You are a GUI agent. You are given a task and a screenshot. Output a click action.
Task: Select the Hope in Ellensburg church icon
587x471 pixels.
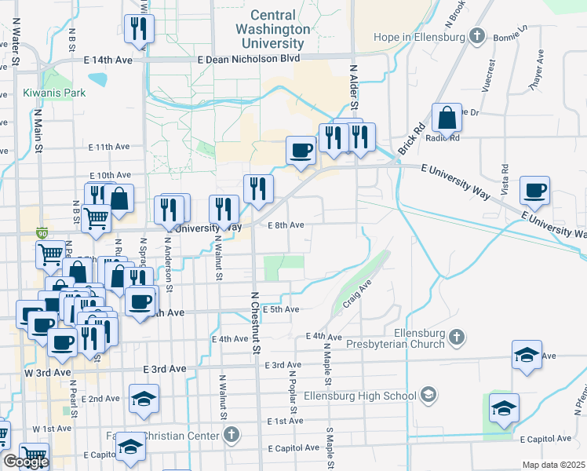[476, 36]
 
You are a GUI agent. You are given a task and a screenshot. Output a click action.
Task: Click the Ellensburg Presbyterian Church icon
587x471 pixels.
[456, 338]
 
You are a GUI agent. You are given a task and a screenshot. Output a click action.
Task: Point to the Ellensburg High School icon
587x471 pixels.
[428, 394]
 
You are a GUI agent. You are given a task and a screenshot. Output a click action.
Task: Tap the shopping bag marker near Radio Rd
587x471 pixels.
[447, 119]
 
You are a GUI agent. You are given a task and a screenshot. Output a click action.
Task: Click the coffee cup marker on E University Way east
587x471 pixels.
[535, 191]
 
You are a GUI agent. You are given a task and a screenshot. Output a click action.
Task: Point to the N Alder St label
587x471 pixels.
[354, 86]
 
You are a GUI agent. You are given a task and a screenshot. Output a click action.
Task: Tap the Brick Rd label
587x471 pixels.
[411, 138]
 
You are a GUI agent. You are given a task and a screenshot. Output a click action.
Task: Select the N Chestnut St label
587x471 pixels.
[254, 322]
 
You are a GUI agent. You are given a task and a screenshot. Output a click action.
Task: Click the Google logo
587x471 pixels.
[25, 462]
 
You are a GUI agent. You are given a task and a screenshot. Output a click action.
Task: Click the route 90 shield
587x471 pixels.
[42, 233]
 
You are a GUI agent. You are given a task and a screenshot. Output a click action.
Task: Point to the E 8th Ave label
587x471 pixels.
[286, 225]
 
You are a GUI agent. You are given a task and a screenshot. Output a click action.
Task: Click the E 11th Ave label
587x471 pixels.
[109, 147]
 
